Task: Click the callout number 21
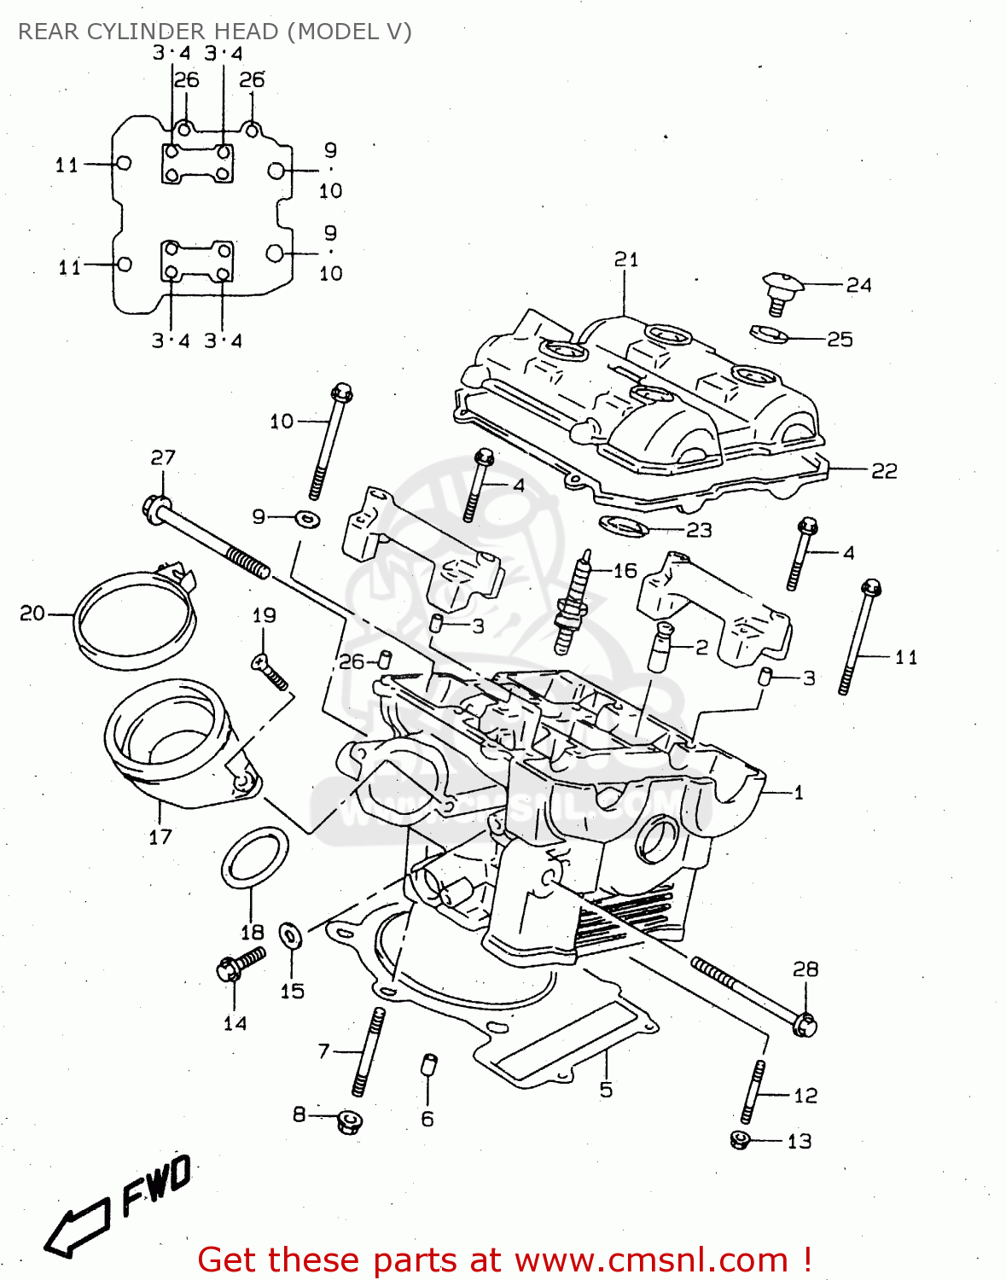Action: [x=626, y=259]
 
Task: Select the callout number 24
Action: [x=858, y=285]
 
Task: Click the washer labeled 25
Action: [x=768, y=333]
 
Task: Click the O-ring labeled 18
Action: [x=254, y=856]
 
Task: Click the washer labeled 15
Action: [x=292, y=936]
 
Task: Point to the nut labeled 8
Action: [x=348, y=1120]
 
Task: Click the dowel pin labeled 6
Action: [x=428, y=1068]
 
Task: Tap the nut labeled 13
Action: [x=740, y=1139]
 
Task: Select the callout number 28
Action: [x=805, y=969]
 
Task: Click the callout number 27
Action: [x=163, y=458]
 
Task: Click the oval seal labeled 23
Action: [x=624, y=526]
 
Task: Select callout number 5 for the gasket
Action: [x=606, y=1090]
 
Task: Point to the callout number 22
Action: [x=883, y=471]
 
